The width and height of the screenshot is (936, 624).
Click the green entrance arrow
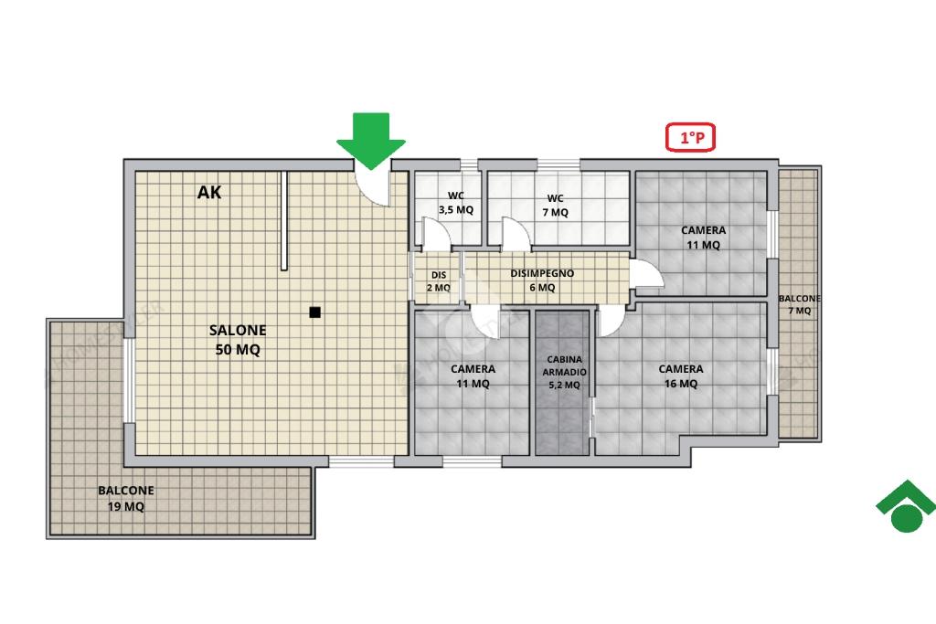pyautogui.click(x=371, y=141)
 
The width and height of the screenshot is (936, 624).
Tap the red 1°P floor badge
pyautogui.click(x=691, y=137)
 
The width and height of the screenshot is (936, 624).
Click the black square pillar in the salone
pyautogui.click(x=315, y=312)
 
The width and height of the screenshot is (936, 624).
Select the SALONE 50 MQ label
pyautogui.click(x=238, y=340)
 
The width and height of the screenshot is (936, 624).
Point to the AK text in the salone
pyautogui.click(x=209, y=192)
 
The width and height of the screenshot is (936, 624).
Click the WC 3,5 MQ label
pyautogui.click(x=456, y=203)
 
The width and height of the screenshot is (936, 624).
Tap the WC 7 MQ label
pyautogui.click(x=555, y=206)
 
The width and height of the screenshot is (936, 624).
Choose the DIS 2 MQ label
pyautogui.click(x=439, y=281)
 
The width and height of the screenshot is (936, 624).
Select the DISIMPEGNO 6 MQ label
pyautogui.click(x=542, y=280)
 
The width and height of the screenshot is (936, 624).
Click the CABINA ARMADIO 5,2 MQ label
pyautogui.click(x=564, y=372)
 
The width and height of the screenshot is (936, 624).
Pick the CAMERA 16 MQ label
pyautogui.click(x=681, y=375)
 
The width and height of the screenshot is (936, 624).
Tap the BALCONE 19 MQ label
pyautogui.click(x=126, y=498)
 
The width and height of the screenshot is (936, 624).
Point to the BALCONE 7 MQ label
pyautogui.click(x=799, y=304)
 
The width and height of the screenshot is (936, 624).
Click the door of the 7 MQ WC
pyautogui.click(x=516, y=234)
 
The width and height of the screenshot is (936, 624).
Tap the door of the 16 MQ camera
pyautogui.click(x=610, y=323)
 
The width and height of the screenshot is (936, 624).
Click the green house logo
pyautogui.click(x=906, y=506)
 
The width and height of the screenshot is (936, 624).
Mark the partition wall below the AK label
pyautogui.click(x=284, y=221)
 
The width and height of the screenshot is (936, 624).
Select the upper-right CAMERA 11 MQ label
pyautogui.click(x=703, y=238)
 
